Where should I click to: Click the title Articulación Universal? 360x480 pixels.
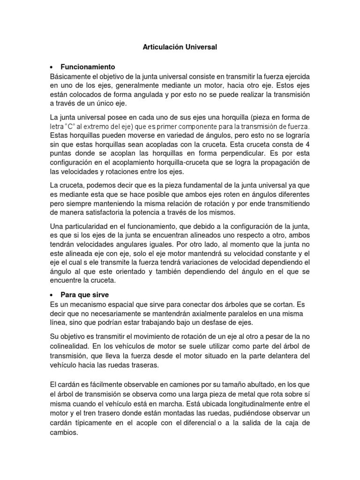(180, 47)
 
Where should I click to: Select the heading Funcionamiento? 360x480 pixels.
(88, 67)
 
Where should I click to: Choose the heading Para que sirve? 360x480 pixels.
(84, 295)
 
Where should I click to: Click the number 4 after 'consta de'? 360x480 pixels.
(308, 145)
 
